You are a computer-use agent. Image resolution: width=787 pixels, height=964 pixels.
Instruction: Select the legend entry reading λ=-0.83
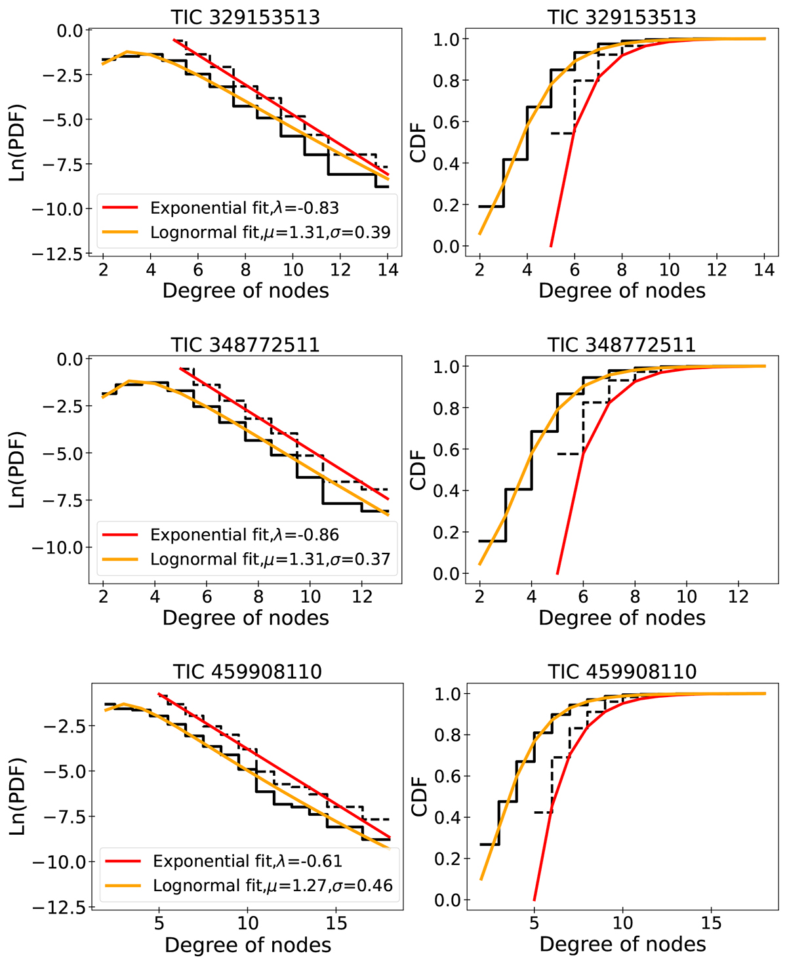click(244, 208)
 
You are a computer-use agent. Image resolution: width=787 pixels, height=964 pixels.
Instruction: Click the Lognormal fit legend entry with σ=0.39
click(270, 232)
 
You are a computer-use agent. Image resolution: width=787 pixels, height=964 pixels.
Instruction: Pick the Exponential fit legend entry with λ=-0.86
click(244, 534)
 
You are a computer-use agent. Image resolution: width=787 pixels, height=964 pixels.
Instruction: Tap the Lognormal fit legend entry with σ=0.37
click(270, 559)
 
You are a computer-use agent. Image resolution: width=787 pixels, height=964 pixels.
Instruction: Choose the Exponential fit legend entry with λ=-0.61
click(247, 860)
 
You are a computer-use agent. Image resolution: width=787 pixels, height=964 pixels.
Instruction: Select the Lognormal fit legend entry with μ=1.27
click(272, 885)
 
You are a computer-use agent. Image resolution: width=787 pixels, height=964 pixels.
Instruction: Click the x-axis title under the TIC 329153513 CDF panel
click(622, 291)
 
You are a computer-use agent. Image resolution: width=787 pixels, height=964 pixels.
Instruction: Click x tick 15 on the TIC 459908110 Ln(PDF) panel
click(336, 923)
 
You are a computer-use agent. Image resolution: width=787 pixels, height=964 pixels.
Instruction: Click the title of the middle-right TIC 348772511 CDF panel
click(622, 344)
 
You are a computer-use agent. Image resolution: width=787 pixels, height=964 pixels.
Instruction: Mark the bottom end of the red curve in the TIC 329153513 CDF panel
click(551, 247)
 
